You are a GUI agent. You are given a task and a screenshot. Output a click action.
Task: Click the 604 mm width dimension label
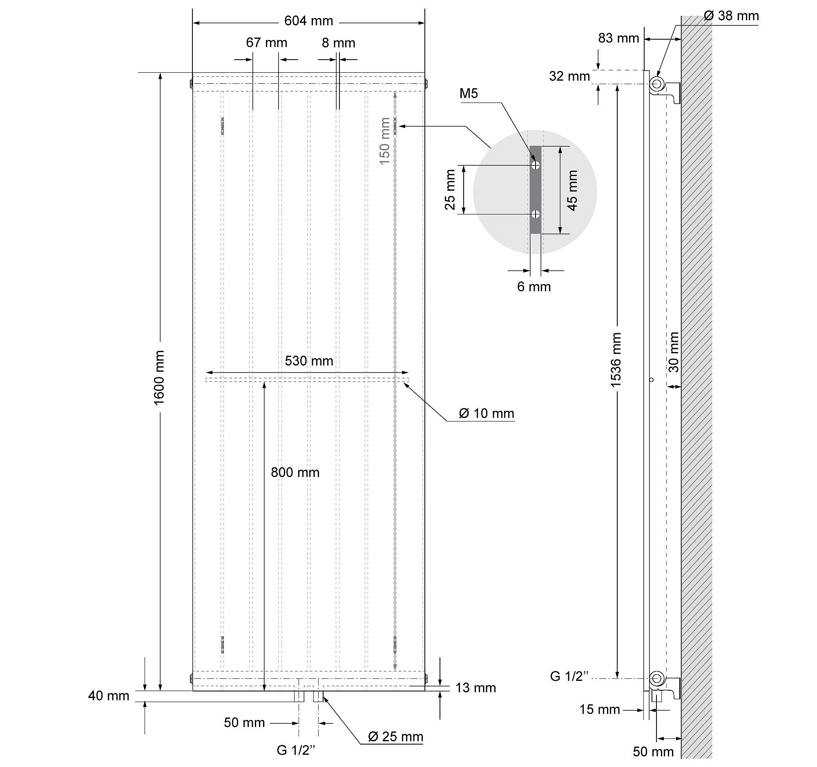point(309,21)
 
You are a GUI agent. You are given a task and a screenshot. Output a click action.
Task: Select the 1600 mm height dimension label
point(159,377)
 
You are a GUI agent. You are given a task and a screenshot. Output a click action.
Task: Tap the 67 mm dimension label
point(266,43)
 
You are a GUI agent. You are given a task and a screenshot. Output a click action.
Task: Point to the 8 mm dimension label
point(338,43)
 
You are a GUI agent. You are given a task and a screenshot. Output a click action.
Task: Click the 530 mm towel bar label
point(309,361)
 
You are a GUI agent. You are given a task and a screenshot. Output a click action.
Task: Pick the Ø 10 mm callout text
point(486,413)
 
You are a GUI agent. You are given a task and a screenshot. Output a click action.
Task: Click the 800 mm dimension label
point(295,473)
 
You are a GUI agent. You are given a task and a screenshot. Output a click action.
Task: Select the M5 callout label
point(469,94)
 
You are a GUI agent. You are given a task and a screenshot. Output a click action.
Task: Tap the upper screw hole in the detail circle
point(535,165)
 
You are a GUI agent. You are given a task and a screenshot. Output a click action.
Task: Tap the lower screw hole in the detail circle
point(535,214)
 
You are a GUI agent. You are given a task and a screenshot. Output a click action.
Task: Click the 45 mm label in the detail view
point(572,190)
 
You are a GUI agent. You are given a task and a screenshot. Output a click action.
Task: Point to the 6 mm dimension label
point(534,287)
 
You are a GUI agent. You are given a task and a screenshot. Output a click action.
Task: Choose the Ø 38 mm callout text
point(731,16)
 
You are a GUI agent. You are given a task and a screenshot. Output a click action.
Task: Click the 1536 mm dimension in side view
point(616,360)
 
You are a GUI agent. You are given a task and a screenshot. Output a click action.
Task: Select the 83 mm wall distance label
point(618,38)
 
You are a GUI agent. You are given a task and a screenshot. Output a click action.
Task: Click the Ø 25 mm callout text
point(395,737)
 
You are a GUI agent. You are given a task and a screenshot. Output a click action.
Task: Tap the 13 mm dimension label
point(475,688)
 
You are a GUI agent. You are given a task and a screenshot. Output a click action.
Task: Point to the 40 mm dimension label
point(109,696)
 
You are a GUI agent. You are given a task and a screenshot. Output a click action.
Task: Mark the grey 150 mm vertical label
point(385,141)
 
